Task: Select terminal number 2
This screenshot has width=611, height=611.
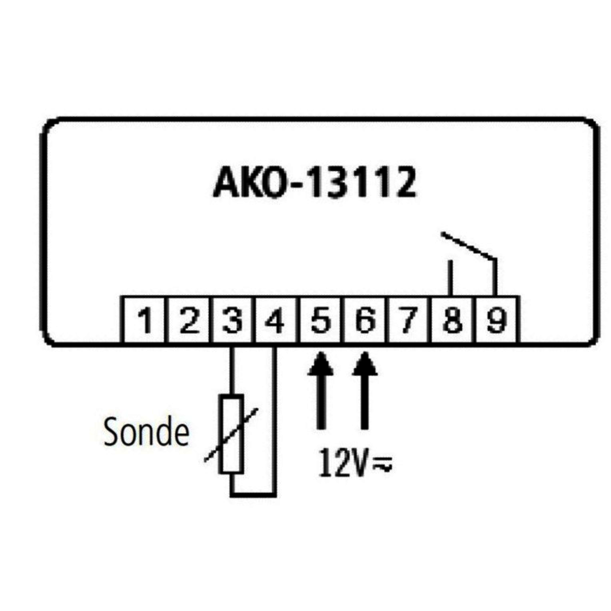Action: pos(189,321)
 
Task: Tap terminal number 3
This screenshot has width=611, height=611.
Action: pos(232,321)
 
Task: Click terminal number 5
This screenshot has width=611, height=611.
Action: pos(319,321)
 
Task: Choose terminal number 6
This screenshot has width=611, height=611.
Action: pos(363,321)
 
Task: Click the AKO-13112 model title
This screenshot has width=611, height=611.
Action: pos(314,183)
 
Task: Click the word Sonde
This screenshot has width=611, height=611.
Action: pos(146,433)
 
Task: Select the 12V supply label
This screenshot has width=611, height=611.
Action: pos(342,463)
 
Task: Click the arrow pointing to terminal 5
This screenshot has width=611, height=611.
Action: pos(320,390)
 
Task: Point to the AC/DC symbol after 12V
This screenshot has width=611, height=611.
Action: pos(383,464)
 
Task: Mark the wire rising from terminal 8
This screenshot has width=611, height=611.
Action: pos(450,277)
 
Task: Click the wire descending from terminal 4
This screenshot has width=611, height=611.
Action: pos(275,418)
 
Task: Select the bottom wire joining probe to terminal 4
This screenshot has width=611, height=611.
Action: pos(253,493)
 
